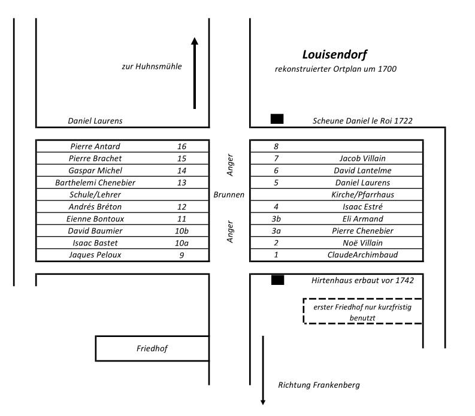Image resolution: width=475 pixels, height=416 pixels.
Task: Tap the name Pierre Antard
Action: [95, 147]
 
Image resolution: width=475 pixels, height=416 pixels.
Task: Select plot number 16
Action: [182, 147]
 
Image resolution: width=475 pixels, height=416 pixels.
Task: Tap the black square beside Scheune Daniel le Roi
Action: [277, 119]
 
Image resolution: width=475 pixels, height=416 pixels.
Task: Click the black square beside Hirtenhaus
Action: [277, 280]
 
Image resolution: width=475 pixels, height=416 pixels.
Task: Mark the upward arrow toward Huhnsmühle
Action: [194, 73]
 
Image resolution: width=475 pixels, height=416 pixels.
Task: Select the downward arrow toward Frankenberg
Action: [262, 371]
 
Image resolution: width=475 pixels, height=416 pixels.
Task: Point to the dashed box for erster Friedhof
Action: [362, 311]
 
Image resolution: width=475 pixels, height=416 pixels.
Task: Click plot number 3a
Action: [276, 230]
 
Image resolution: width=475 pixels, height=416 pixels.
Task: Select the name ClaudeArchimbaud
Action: [362, 255]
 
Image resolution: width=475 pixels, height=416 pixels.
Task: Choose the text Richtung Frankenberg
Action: [319, 385]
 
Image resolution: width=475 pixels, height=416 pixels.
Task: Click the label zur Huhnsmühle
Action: [152, 66]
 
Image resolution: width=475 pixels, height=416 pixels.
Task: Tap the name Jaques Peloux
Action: [95, 255]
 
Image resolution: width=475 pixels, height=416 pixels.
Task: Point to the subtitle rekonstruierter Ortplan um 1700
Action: [335, 69]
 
